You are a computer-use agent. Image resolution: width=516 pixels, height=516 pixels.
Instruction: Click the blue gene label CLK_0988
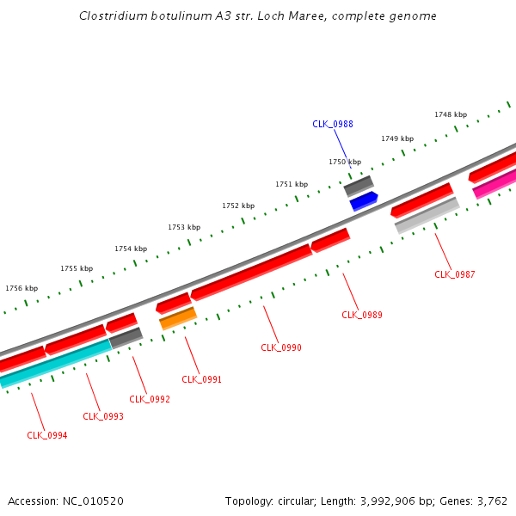(x=332, y=124)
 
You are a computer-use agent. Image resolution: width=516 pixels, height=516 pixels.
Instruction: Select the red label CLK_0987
(x=455, y=274)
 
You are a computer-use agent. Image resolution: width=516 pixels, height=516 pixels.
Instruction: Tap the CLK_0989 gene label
(x=362, y=315)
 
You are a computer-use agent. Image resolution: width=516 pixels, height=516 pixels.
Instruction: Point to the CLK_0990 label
(x=281, y=347)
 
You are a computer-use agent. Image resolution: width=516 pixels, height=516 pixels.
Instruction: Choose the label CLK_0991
(x=202, y=379)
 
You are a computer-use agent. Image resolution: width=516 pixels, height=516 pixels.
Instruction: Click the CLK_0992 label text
(x=150, y=399)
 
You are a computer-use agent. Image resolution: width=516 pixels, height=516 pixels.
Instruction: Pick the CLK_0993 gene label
(x=103, y=416)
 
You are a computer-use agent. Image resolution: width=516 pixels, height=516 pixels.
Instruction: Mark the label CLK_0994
(x=47, y=435)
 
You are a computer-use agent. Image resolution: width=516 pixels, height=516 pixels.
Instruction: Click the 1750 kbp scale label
(x=345, y=162)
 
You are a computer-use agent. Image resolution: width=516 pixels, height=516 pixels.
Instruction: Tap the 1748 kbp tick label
(x=451, y=114)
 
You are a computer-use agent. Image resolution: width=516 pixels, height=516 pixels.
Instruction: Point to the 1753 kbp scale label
(x=184, y=227)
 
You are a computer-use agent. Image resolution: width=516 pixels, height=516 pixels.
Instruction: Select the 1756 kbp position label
(x=21, y=288)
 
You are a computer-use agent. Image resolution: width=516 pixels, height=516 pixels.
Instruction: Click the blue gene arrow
(x=364, y=201)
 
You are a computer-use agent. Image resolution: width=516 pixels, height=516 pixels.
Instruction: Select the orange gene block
(x=178, y=319)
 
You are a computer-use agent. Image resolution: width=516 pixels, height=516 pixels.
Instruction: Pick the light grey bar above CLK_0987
(x=427, y=215)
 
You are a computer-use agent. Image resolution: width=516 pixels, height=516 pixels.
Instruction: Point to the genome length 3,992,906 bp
(x=417, y=501)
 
